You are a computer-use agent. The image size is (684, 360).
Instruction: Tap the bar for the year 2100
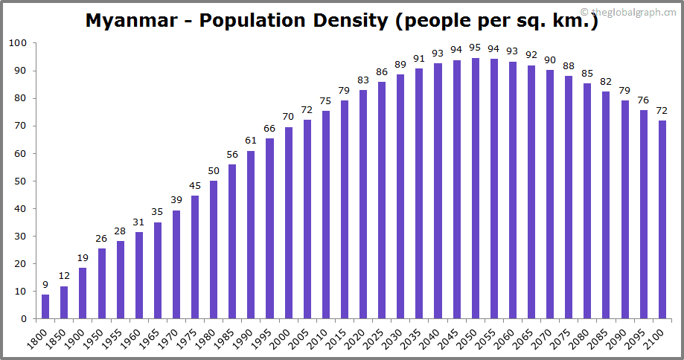click(x=662, y=219)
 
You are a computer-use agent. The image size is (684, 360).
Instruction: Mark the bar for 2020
click(x=363, y=205)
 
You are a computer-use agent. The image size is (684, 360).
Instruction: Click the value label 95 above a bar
click(x=476, y=49)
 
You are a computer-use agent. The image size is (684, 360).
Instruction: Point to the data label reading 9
click(x=45, y=284)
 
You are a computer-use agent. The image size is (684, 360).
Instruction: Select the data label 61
click(x=251, y=141)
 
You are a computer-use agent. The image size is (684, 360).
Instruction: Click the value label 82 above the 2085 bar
click(x=607, y=82)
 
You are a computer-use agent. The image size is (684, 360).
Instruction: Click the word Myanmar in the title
click(x=132, y=20)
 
